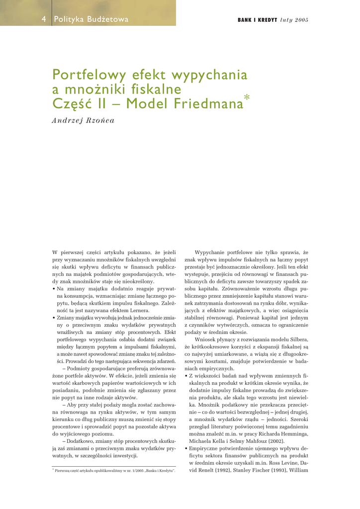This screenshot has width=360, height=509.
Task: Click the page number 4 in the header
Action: (44, 19)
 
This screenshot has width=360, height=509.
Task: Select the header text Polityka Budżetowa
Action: (91, 19)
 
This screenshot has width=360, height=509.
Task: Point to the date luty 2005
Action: (294, 20)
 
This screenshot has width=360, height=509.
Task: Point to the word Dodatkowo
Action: (83, 441)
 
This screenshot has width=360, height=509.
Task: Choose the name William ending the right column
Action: (297, 470)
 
